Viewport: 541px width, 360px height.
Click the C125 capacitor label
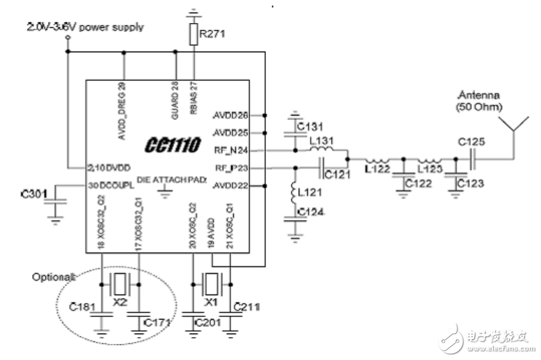[472, 143]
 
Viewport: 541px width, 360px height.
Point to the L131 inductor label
[322, 141]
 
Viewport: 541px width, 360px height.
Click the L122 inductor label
[379, 169]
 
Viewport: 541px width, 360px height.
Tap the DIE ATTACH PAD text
[170, 179]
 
